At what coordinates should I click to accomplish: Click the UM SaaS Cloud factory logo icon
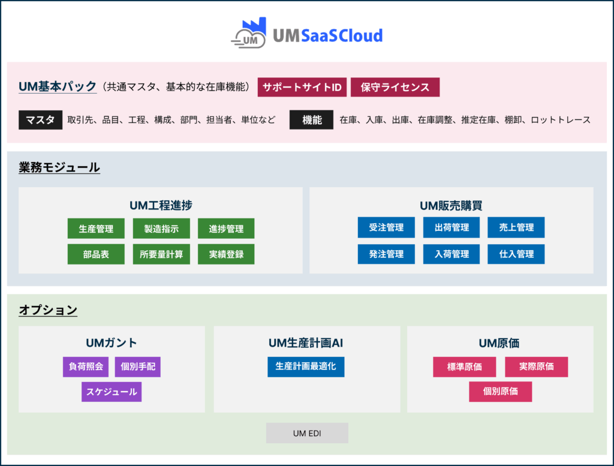249,34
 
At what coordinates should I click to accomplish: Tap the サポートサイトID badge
302,87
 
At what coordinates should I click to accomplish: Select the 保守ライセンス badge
395,87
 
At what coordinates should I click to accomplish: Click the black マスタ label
40,120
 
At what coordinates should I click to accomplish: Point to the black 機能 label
311,120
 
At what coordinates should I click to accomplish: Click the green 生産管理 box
96,229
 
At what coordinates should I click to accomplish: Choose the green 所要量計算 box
161,254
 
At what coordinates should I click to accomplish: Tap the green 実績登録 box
226,254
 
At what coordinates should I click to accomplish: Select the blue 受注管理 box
386,227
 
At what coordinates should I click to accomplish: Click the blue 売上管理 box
516,227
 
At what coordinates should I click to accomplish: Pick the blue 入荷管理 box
451,254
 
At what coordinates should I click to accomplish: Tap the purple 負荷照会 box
86,367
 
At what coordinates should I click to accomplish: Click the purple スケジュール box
112,392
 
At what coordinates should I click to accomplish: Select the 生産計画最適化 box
306,366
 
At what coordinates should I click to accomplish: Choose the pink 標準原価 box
465,367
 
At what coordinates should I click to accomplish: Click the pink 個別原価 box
501,392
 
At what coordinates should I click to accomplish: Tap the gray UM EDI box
307,433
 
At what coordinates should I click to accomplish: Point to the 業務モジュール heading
59,167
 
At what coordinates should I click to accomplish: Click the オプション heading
48,310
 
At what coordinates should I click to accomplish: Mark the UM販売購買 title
451,206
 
